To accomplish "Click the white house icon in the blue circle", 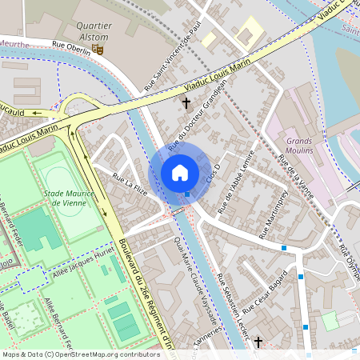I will click(180, 172).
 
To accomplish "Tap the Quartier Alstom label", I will click(94, 30).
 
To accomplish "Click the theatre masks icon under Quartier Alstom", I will click(99, 49).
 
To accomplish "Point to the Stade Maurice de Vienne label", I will click(70, 198).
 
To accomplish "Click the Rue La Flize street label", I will click(130, 183).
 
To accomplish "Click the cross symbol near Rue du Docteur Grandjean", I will click(187, 102).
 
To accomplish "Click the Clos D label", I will click(213, 171).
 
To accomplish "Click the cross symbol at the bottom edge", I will click(258, 342).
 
